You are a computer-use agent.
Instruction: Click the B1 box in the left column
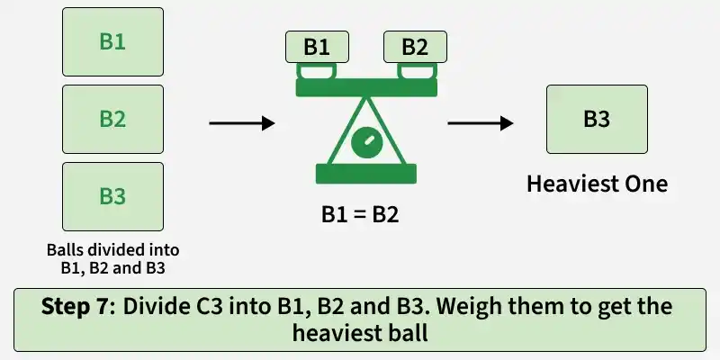(x=113, y=41)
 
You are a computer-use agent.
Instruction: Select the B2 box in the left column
(x=113, y=120)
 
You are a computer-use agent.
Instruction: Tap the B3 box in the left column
(x=113, y=196)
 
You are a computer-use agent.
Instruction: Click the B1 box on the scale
(x=317, y=47)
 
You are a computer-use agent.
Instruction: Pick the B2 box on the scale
(x=415, y=47)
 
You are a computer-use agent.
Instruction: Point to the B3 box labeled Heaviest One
(x=597, y=120)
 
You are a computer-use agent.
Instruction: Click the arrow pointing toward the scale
(x=242, y=123)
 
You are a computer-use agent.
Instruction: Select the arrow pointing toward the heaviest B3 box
(x=481, y=123)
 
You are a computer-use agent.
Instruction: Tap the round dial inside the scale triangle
(x=366, y=142)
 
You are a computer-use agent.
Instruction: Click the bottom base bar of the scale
(x=366, y=174)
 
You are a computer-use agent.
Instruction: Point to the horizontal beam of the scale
(x=366, y=87)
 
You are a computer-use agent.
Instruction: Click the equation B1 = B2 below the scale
(x=360, y=214)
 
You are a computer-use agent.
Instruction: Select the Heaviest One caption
(x=597, y=184)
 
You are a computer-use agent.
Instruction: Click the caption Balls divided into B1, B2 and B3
(x=113, y=259)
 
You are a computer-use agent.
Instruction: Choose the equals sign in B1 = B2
(x=360, y=215)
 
